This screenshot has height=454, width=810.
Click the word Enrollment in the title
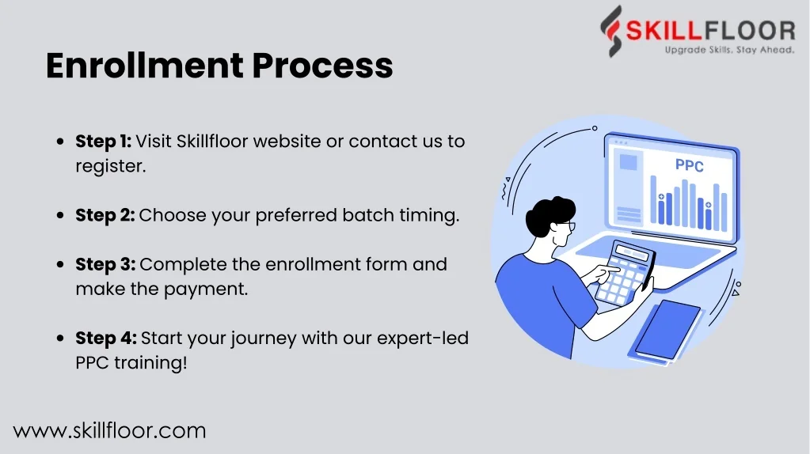(144, 66)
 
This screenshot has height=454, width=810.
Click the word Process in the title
(322, 66)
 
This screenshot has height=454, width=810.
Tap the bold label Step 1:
(103, 142)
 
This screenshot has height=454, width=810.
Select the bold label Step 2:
(105, 215)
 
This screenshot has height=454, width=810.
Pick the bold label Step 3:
(105, 264)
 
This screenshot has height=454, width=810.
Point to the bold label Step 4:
(106, 339)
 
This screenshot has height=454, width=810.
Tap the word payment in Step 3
(206, 289)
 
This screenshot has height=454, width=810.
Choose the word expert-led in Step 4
(423, 339)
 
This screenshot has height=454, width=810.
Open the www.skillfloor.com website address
(109, 431)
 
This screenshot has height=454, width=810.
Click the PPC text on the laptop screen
(689, 165)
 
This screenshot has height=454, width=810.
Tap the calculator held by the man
(625, 274)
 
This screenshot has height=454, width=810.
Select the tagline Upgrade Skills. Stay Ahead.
(729, 50)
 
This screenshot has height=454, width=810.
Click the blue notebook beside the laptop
(667, 330)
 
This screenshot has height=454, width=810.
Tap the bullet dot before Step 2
(60, 215)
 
